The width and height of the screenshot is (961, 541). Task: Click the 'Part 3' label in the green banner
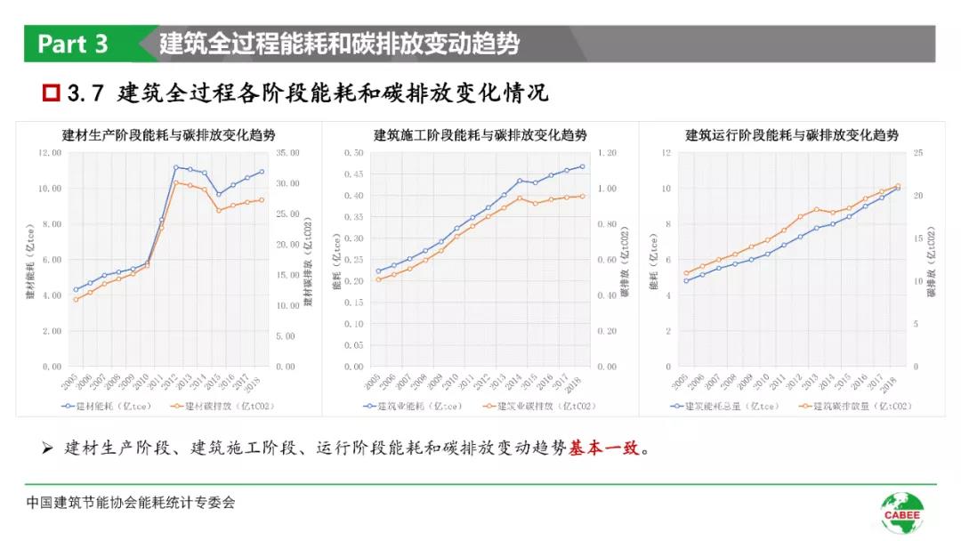tap(73, 44)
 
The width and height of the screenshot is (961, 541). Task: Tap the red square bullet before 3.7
tap(52, 93)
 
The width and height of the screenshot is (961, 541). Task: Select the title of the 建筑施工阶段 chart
tap(480, 135)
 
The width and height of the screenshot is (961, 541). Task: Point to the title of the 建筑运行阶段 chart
tap(792, 135)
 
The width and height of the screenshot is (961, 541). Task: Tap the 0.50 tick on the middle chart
tap(353, 153)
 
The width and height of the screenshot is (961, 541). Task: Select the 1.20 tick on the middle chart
tap(606, 153)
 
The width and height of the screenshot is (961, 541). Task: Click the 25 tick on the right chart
tap(917, 153)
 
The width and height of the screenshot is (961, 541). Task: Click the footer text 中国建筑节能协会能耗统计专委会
tap(131, 503)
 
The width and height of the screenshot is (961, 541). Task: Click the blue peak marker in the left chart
tap(176, 166)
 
